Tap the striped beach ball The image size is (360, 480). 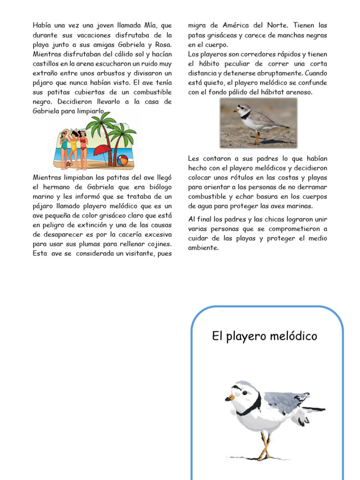122,160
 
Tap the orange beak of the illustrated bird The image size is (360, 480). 229,398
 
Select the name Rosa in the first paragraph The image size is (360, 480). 162,45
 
